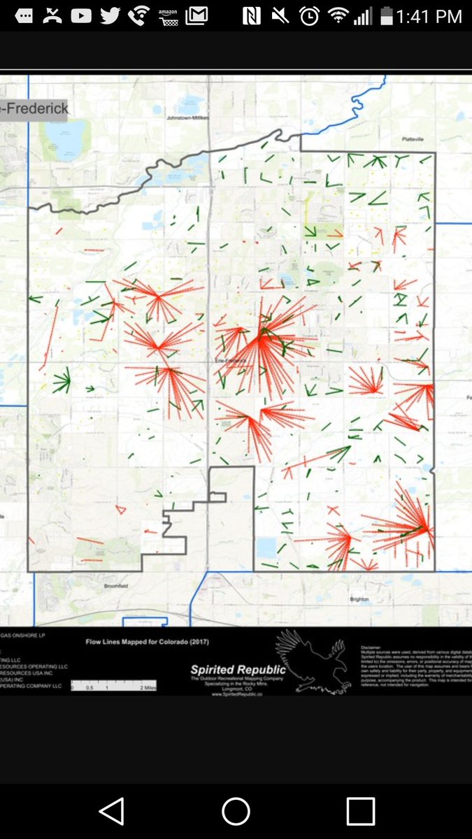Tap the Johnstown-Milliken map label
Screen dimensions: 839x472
pos(187,118)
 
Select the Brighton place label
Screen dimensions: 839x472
pos(359,599)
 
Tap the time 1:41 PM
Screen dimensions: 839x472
pos(429,16)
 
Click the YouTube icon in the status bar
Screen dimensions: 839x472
pos(81,15)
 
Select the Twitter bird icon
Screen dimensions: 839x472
pos(110,15)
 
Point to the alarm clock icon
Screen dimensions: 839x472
pos(309,15)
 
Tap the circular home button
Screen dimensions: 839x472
pos(236,812)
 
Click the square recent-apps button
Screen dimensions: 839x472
pos(360,812)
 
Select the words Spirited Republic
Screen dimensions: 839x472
pos(238,670)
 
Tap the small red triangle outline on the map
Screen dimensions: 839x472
pos(120,508)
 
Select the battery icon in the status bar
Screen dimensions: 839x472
pos(385,15)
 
